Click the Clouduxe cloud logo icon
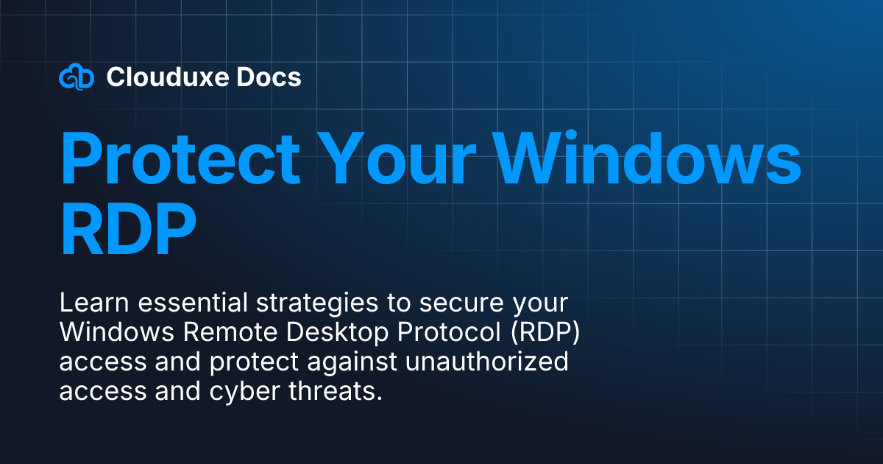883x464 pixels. [77, 77]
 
